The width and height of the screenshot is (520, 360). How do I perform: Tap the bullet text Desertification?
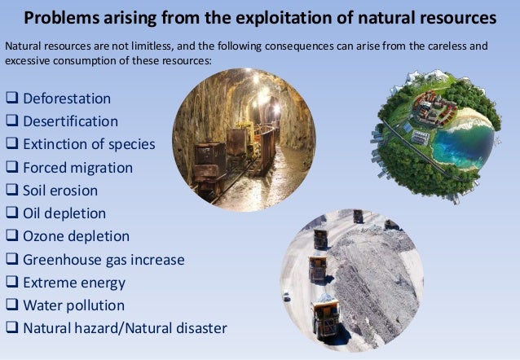tap(70, 122)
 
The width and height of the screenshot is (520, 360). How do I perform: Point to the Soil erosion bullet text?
tap(60, 191)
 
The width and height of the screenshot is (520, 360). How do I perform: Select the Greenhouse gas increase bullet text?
tap(104, 260)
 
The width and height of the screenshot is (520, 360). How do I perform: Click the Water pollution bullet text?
tap(73, 306)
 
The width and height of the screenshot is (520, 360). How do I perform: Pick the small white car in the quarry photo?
tap(287, 297)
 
